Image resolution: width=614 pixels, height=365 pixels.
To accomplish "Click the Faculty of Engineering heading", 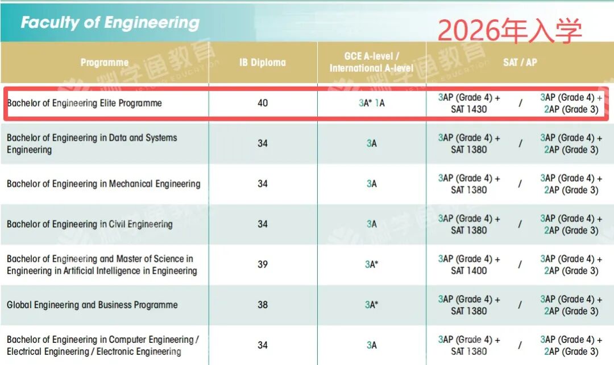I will [x=110, y=23].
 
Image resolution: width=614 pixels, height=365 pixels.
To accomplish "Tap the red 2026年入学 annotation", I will [x=509, y=30].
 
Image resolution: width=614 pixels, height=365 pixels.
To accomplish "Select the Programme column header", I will [x=105, y=63].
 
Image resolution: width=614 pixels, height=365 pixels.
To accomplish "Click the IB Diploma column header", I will [x=262, y=63].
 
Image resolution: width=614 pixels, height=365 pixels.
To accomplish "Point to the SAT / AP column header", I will [x=520, y=63].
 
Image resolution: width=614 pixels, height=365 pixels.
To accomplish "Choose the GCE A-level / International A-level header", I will [x=372, y=62].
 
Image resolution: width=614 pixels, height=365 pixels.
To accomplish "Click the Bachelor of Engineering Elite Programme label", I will [x=84, y=103].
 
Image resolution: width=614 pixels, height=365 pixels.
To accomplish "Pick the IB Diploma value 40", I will [x=262, y=103].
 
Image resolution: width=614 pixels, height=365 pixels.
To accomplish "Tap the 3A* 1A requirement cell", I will [x=372, y=103].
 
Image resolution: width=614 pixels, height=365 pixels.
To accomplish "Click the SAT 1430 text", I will [x=469, y=109].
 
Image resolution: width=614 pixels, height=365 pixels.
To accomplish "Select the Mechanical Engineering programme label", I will [x=103, y=184].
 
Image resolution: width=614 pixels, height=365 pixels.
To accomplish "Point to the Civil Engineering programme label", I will [x=89, y=224].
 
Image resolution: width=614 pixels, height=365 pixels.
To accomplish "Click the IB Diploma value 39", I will [x=262, y=264].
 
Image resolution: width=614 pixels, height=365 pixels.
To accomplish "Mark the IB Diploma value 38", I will [x=262, y=305].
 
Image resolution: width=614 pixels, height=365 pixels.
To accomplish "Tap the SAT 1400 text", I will [x=469, y=270].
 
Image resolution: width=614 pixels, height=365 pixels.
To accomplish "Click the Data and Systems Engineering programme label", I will [x=92, y=143].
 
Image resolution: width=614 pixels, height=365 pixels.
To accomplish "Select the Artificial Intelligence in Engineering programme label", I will [x=102, y=265].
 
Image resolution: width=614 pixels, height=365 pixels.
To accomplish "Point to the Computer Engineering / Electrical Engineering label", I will [x=102, y=345].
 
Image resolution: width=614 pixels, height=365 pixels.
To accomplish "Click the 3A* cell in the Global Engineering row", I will [x=372, y=305].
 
